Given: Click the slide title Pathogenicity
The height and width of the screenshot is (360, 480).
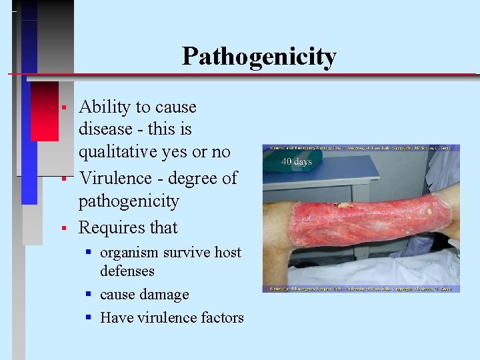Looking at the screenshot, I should pyautogui.click(x=259, y=57).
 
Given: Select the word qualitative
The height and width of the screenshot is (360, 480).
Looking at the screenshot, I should pyautogui.click(x=121, y=152).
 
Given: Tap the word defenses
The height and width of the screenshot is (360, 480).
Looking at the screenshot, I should pyautogui.click(x=127, y=271).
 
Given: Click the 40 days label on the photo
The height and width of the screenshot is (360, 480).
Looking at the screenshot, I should pyautogui.click(x=296, y=161).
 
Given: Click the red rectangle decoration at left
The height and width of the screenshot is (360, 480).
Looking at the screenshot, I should pyautogui.click(x=44, y=110).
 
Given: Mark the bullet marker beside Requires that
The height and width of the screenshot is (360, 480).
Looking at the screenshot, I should pyautogui.click(x=62, y=228).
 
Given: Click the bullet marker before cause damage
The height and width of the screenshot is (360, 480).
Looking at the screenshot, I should pyautogui.click(x=88, y=295).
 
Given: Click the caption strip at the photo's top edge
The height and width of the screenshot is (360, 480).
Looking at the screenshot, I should pyautogui.click(x=361, y=147).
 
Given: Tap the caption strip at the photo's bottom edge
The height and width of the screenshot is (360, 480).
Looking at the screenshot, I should pyautogui.click(x=361, y=288).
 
